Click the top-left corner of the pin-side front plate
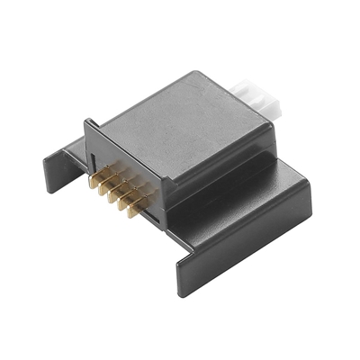point(87,123)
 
